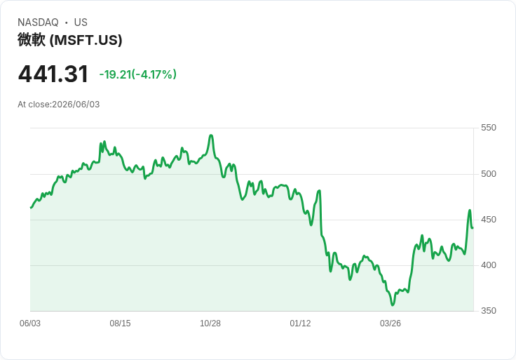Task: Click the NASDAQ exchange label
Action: (x=38, y=22)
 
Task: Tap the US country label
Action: (x=81, y=22)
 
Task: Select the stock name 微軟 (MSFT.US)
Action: (x=70, y=40)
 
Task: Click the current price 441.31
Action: (x=53, y=74)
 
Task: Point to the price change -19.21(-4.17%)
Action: (x=138, y=74)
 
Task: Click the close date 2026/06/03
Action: (x=76, y=105)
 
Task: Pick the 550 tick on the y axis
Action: (x=489, y=128)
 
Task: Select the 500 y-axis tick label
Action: (x=489, y=174)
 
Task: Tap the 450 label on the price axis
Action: (x=489, y=220)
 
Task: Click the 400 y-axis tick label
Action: (x=489, y=265)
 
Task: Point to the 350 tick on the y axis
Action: (x=489, y=311)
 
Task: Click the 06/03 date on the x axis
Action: (x=30, y=324)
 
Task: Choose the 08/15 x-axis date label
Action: (x=120, y=324)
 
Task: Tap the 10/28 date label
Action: (x=210, y=324)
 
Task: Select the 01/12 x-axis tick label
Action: (x=300, y=324)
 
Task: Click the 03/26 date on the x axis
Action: (x=391, y=324)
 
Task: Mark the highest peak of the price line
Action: (x=211, y=135)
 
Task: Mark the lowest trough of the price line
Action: (x=393, y=305)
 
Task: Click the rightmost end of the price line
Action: (x=473, y=228)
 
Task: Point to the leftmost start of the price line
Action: (x=31, y=208)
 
